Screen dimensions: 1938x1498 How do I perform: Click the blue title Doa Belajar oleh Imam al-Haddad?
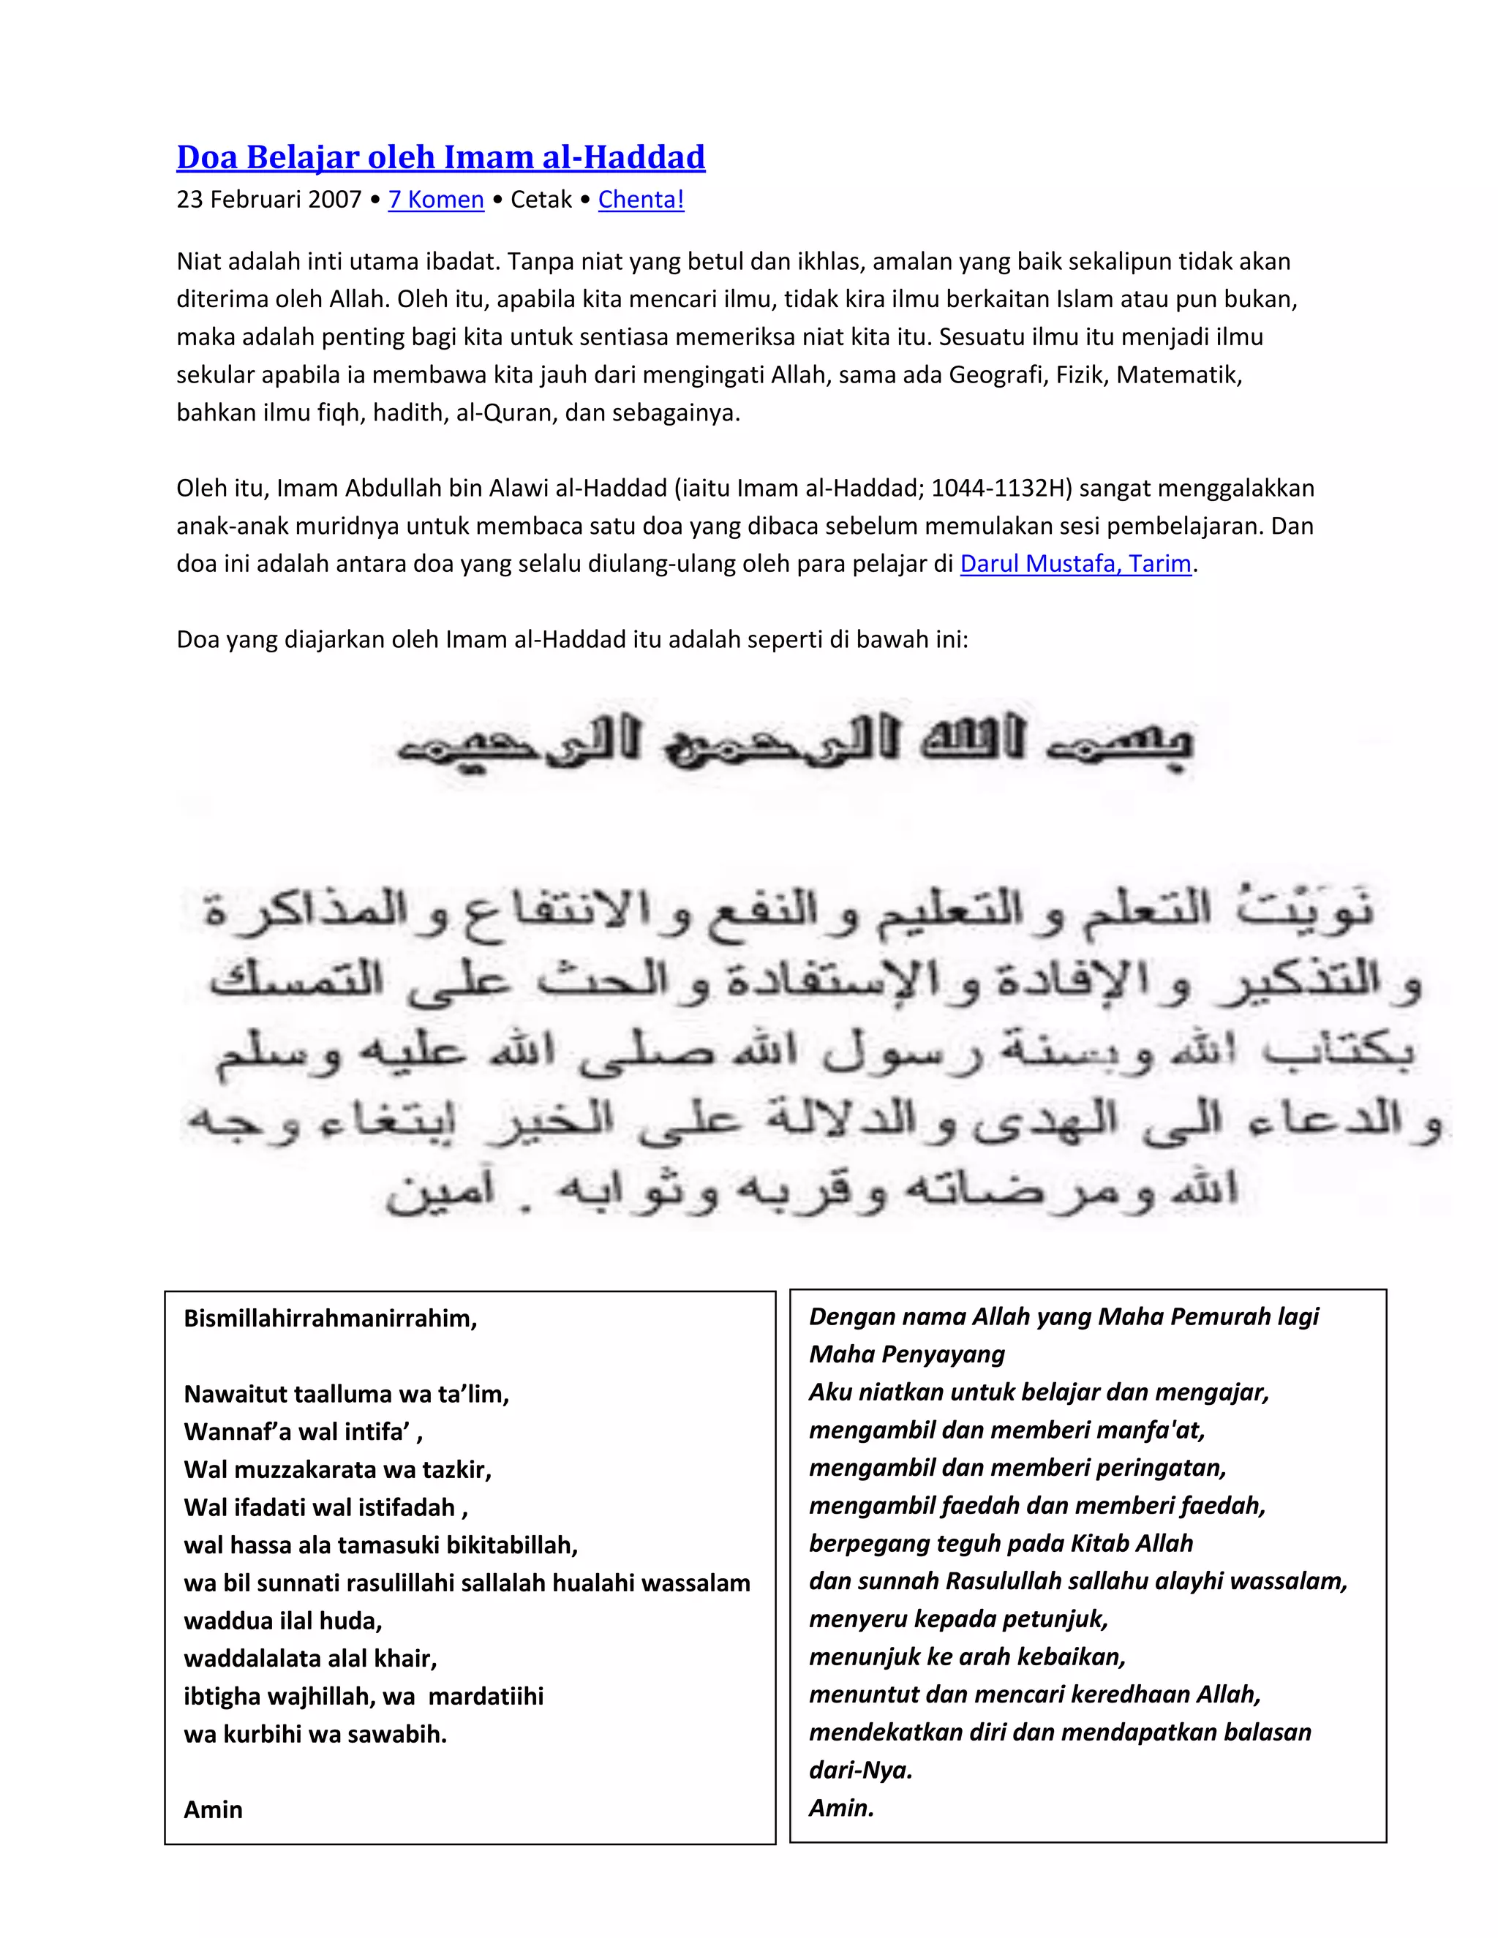click(440, 157)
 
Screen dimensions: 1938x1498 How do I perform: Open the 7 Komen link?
click(436, 200)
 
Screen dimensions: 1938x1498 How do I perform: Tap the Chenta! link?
click(641, 200)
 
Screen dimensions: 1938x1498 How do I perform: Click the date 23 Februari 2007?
click(268, 200)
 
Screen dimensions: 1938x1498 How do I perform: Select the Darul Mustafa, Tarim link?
click(1074, 563)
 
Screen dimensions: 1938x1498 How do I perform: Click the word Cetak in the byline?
click(541, 200)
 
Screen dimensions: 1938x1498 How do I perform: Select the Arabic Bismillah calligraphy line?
click(794, 745)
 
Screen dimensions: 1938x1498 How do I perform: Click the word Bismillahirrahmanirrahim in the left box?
click(330, 1319)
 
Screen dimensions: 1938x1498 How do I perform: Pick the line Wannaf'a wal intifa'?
click(303, 1432)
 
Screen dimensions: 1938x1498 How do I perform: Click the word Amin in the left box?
click(213, 1809)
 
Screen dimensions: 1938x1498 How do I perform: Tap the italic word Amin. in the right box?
click(841, 1808)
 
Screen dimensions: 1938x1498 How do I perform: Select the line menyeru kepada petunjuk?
click(958, 1618)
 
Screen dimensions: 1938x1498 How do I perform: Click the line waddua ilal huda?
click(282, 1621)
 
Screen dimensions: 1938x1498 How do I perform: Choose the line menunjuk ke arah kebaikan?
click(966, 1656)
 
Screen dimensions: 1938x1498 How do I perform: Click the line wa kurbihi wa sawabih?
click(315, 1734)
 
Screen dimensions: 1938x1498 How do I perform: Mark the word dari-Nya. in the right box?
click(860, 1771)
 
